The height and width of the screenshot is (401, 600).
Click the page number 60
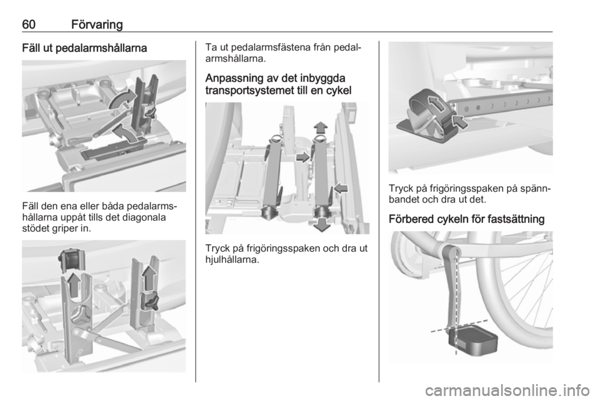point(29,24)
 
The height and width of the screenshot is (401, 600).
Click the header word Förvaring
point(97,25)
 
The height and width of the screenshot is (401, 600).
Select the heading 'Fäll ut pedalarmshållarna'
point(84,48)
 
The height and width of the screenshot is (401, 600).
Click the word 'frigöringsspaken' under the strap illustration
point(463,189)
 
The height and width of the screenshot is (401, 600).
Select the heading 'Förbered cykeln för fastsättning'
point(466,219)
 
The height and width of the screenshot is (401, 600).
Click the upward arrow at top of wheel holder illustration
point(321,127)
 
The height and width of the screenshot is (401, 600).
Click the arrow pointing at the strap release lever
point(459,122)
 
